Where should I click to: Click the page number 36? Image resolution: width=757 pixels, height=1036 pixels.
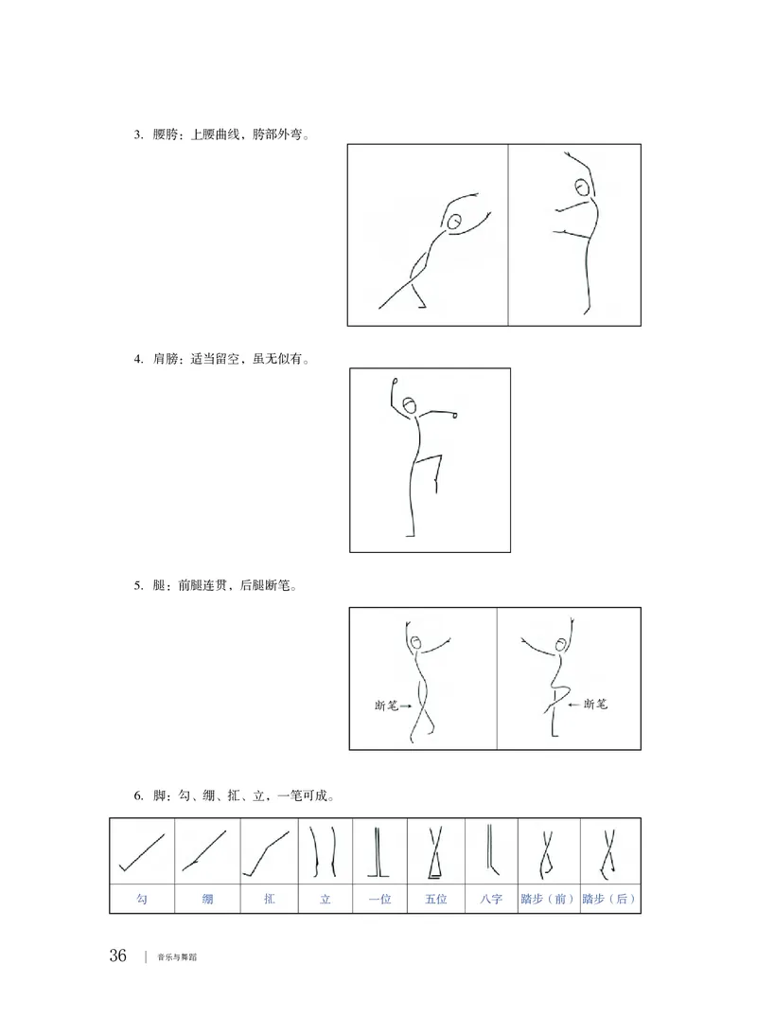117,955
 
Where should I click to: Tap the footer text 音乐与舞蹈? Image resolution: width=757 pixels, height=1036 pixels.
178,956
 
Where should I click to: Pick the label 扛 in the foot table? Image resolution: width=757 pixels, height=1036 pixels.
270,899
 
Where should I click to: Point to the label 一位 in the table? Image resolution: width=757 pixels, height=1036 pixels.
379,899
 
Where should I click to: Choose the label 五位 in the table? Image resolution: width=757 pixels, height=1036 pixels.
436,899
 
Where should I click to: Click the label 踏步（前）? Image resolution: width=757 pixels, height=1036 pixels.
548,899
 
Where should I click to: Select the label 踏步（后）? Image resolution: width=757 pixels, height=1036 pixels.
609,899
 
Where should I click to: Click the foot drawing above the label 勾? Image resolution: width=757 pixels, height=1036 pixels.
142,851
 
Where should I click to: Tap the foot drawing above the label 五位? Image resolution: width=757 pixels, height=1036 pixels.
436,852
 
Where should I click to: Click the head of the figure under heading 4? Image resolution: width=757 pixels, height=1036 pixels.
409,406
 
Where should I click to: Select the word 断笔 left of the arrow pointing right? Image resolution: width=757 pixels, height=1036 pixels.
387,706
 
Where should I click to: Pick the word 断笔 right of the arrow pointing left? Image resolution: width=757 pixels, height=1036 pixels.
596,705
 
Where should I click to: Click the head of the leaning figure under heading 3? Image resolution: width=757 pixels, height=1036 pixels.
455,222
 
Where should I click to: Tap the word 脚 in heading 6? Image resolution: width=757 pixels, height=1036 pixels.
159,795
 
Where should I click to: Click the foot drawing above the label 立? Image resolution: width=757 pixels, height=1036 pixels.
324,851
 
